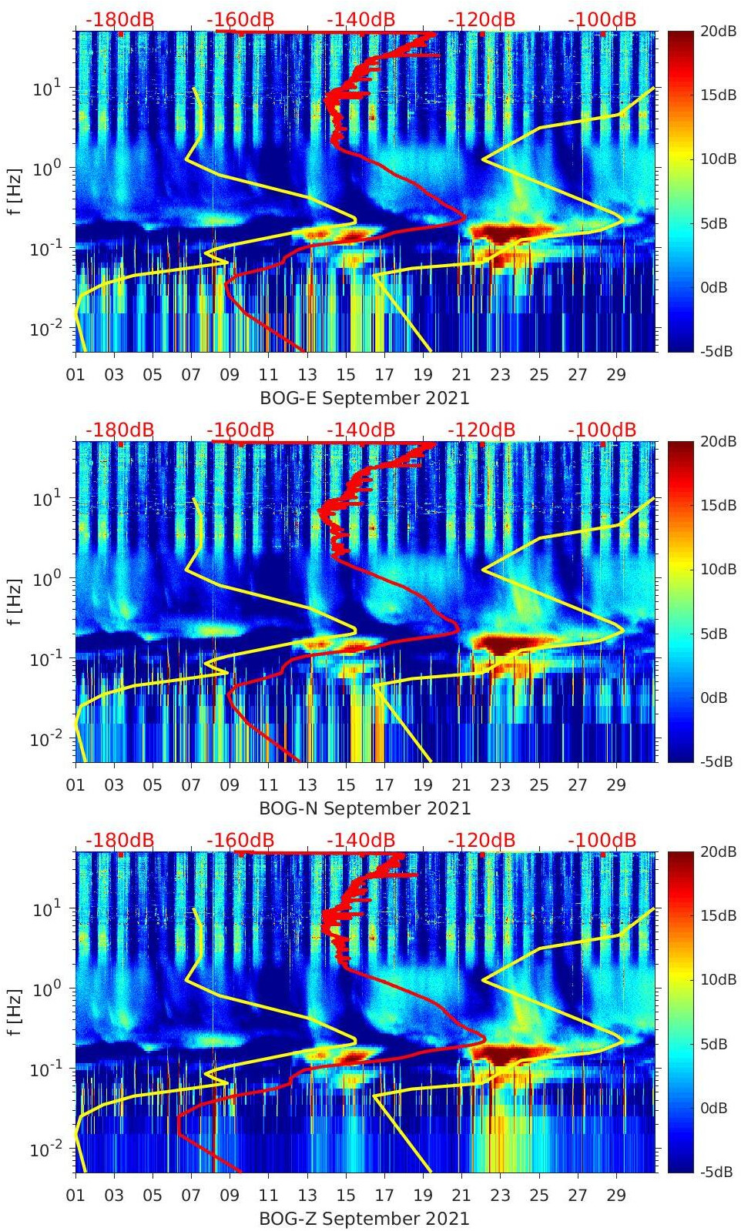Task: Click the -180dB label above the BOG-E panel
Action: tap(119, 19)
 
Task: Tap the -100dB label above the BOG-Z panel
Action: tap(602, 840)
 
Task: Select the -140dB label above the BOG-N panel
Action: tap(360, 430)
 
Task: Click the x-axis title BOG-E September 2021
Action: tap(364, 397)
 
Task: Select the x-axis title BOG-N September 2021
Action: tap(364, 808)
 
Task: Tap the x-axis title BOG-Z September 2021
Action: tap(364, 1218)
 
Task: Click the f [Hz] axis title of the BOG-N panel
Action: tap(14, 602)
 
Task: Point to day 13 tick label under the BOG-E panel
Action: tap(307, 375)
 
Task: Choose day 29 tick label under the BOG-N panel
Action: tap(616, 785)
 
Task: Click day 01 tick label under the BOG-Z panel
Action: tap(75, 1196)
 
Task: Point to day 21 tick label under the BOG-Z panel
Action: tap(461, 1196)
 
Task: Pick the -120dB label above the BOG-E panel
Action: tap(481, 19)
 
